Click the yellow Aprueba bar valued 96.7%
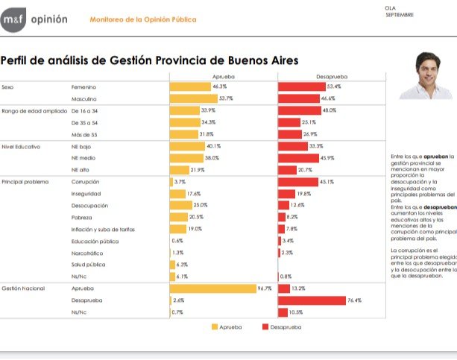click(x=212, y=288)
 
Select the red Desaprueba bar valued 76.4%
click(x=320, y=300)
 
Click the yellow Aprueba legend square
click(x=215, y=326)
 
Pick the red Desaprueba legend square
click(x=265, y=326)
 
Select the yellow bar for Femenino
click(x=190, y=86)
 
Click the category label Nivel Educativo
click(x=20, y=146)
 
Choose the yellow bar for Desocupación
click(x=180, y=205)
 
